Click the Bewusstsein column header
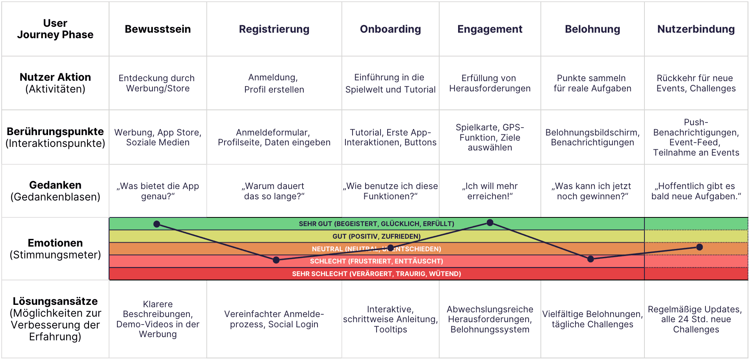tap(158, 29)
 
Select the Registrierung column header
tap(274, 29)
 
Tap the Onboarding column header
tap(390, 29)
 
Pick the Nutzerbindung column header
tap(696, 29)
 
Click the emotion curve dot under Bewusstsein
tap(157, 224)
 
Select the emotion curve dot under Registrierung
tap(276, 260)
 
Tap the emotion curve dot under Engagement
tap(490, 223)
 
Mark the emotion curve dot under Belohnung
tap(590, 259)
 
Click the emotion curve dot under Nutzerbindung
tap(700, 247)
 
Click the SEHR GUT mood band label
tap(376, 224)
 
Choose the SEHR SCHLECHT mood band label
tap(376, 274)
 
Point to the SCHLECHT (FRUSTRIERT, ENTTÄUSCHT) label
tap(376, 261)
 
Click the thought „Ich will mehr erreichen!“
tap(490, 191)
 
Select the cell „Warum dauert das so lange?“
tap(274, 191)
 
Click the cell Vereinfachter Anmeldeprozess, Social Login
tap(274, 319)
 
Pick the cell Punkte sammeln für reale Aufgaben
tap(592, 83)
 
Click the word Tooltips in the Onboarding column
tap(390, 329)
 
